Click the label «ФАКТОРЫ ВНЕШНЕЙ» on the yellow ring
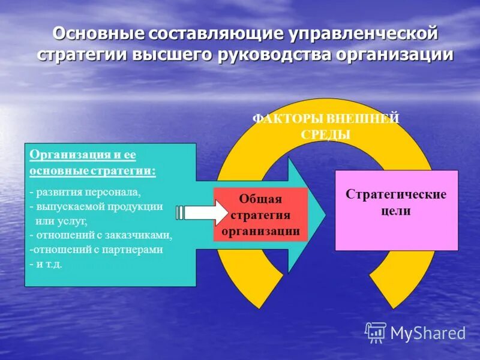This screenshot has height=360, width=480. coord(326,119)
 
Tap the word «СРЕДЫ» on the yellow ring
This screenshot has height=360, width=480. coord(326,134)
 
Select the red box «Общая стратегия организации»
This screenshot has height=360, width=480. coord(260,215)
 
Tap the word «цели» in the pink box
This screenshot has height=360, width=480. coord(396,211)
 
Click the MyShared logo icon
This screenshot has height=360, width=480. coord(376,332)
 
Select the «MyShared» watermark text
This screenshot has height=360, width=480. coord(428,333)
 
